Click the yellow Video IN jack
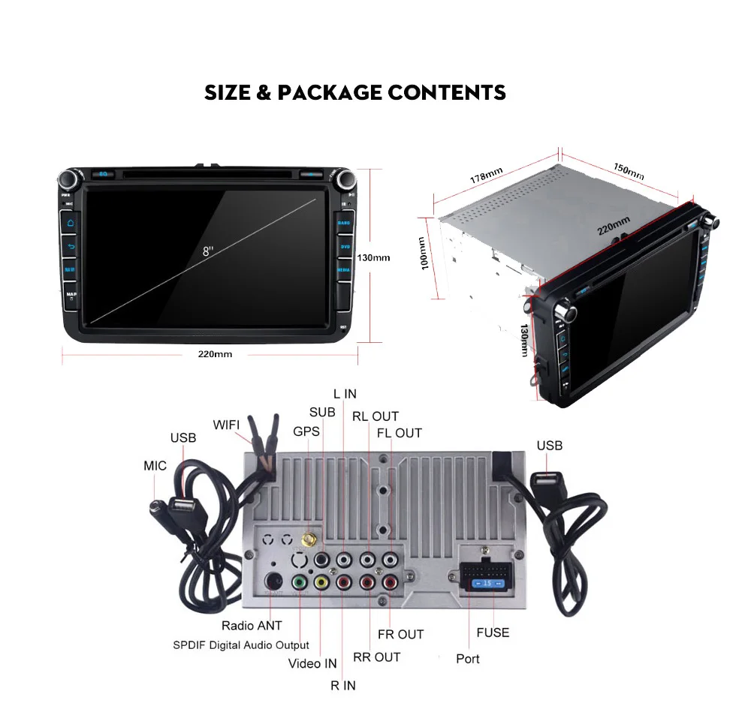(321, 582)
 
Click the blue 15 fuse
(486, 583)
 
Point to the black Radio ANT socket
(275, 581)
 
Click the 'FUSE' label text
(493, 632)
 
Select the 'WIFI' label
(226, 425)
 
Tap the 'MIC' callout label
(155, 466)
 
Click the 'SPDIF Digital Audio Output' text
(240, 645)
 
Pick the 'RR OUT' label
(376, 657)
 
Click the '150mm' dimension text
(629, 170)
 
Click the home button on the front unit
(71, 223)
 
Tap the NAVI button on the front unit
(71, 269)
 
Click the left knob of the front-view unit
(70, 180)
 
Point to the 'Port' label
(468, 659)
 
